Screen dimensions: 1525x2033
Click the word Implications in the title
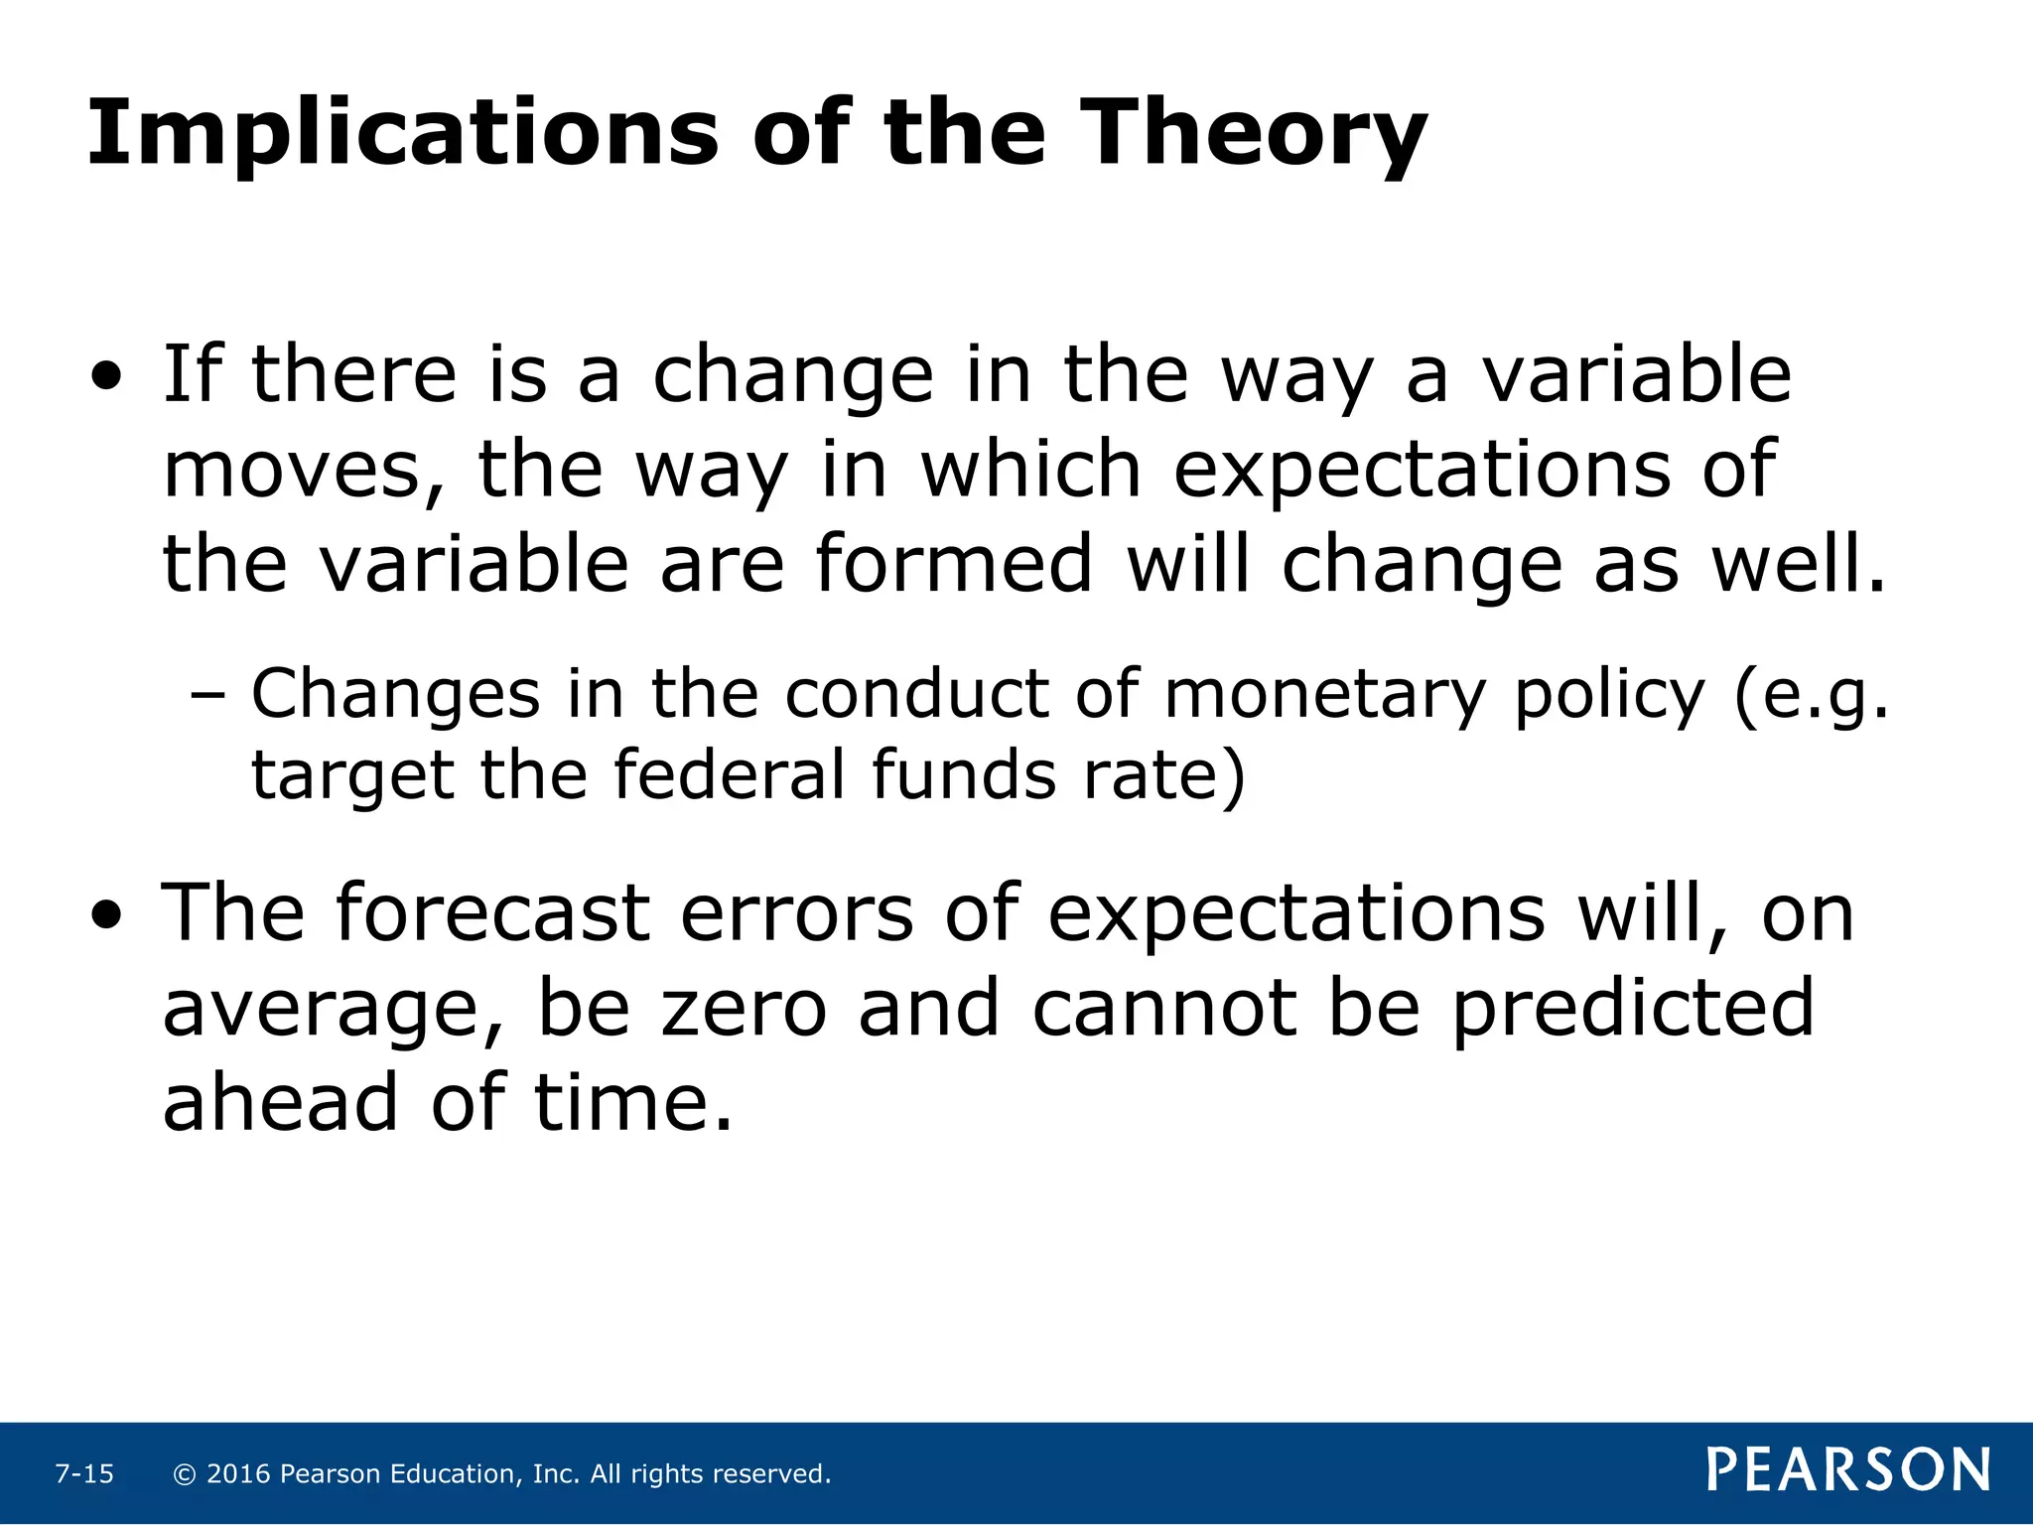[402, 134]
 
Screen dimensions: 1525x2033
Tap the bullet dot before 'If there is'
[107, 378]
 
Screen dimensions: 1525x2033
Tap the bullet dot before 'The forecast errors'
[107, 916]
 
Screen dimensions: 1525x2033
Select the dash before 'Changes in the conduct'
[207, 696]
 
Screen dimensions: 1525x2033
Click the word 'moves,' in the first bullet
[304, 470]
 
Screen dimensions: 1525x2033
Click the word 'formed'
[954, 563]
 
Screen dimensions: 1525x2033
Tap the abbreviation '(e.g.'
[1811, 696]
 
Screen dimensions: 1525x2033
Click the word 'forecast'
[492, 912]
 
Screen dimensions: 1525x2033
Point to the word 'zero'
[744, 1008]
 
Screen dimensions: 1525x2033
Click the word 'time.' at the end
[633, 1103]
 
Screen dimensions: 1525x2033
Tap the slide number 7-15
[84, 1473]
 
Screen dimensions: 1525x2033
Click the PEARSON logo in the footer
[1848, 1470]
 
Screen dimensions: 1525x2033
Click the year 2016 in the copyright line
[238, 1473]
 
